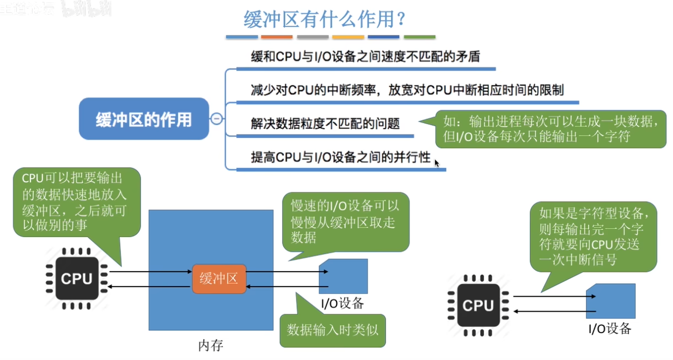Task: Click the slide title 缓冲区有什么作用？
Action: pyautogui.click(x=324, y=20)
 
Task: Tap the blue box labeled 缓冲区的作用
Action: pyautogui.click(x=144, y=119)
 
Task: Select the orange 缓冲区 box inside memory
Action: pyautogui.click(x=219, y=278)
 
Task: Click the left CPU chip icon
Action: pyautogui.click(x=77, y=278)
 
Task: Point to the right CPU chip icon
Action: pyautogui.click(x=478, y=305)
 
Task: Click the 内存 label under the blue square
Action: pyautogui.click(x=211, y=345)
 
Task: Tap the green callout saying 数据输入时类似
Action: pyautogui.click(x=332, y=330)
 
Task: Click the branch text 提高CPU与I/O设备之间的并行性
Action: pyautogui.click(x=340, y=158)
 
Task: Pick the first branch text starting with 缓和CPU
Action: pyautogui.click(x=365, y=57)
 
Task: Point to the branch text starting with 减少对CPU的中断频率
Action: pyautogui.click(x=407, y=90)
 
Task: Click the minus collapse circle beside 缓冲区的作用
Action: pyautogui.click(x=217, y=119)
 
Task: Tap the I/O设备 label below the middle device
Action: pyautogui.click(x=342, y=303)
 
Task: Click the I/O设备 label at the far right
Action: pyautogui.click(x=610, y=328)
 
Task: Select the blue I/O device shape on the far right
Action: pyautogui.click(x=611, y=301)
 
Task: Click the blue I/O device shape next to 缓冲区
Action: pyautogui.click(x=344, y=276)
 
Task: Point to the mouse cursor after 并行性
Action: pyautogui.click(x=436, y=162)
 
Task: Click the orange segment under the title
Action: pyautogui.click(x=277, y=37)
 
